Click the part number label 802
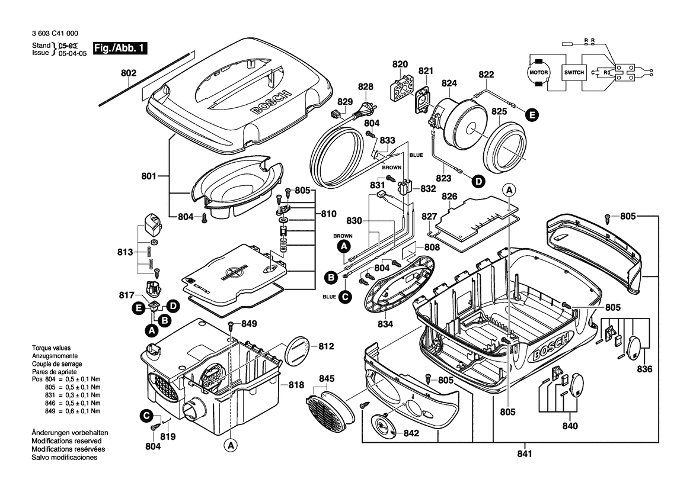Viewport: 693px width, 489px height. (128, 73)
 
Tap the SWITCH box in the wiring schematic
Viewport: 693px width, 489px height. (574, 72)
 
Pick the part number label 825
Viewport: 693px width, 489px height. (499, 111)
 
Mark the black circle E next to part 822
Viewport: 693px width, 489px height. (532, 115)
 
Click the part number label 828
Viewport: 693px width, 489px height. (366, 86)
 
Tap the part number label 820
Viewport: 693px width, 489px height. (400, 64)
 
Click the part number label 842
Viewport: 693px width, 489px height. (411, 433)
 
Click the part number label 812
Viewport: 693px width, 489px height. (327, 346)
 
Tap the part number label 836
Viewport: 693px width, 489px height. (644, 369)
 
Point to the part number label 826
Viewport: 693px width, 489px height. (466, 196)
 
